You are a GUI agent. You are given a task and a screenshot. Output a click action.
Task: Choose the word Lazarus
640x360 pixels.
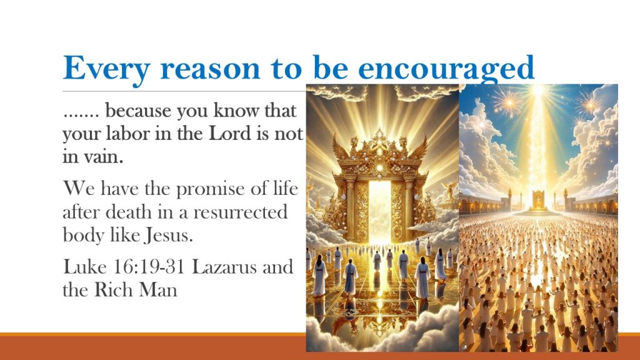224,267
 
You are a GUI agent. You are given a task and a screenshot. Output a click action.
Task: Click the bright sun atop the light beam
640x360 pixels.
538,91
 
